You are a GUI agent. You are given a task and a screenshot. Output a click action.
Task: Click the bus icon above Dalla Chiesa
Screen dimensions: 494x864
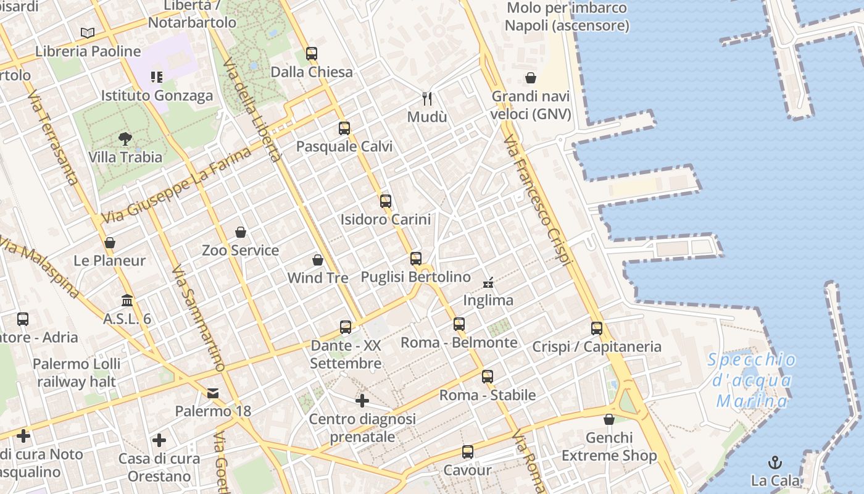[x=312, y=54]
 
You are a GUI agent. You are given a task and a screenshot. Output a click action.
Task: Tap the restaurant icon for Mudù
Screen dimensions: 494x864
[x=427, y=98]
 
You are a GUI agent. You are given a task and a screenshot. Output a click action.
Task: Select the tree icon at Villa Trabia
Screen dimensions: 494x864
[x=125, y=139]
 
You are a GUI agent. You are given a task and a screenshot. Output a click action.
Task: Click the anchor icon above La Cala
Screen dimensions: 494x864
[x=775, y=463]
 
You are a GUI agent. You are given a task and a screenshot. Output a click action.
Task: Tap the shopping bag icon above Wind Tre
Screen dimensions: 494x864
[x=318, y=260]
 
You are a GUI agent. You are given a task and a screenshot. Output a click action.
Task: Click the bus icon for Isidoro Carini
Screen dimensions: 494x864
[x=386, y=201]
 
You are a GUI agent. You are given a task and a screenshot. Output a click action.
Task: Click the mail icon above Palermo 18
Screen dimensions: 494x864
[x=213, y=393]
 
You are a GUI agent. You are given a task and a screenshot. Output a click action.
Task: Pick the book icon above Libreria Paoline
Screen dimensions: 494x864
[x=88, y=33]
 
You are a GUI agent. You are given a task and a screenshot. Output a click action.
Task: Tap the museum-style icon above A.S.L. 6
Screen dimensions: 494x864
[x=127, y=301]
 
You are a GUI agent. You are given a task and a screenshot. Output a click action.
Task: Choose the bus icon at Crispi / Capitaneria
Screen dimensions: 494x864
[x=596, y=329]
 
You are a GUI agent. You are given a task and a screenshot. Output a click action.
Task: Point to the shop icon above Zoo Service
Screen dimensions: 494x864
[x=241, y=232]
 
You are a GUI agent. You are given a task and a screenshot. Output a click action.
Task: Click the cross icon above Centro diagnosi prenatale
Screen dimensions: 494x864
[x=362, y=401]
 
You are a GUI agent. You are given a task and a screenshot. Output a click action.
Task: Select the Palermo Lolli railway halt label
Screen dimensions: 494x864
[x=77, y=373]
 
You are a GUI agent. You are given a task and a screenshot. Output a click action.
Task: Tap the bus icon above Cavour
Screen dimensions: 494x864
[x=468, y=452]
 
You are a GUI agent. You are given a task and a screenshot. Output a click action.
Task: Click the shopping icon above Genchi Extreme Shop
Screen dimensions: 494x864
[x=609, y=420]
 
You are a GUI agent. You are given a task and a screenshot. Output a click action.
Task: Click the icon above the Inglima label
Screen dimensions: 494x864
[x=489, y=283]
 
